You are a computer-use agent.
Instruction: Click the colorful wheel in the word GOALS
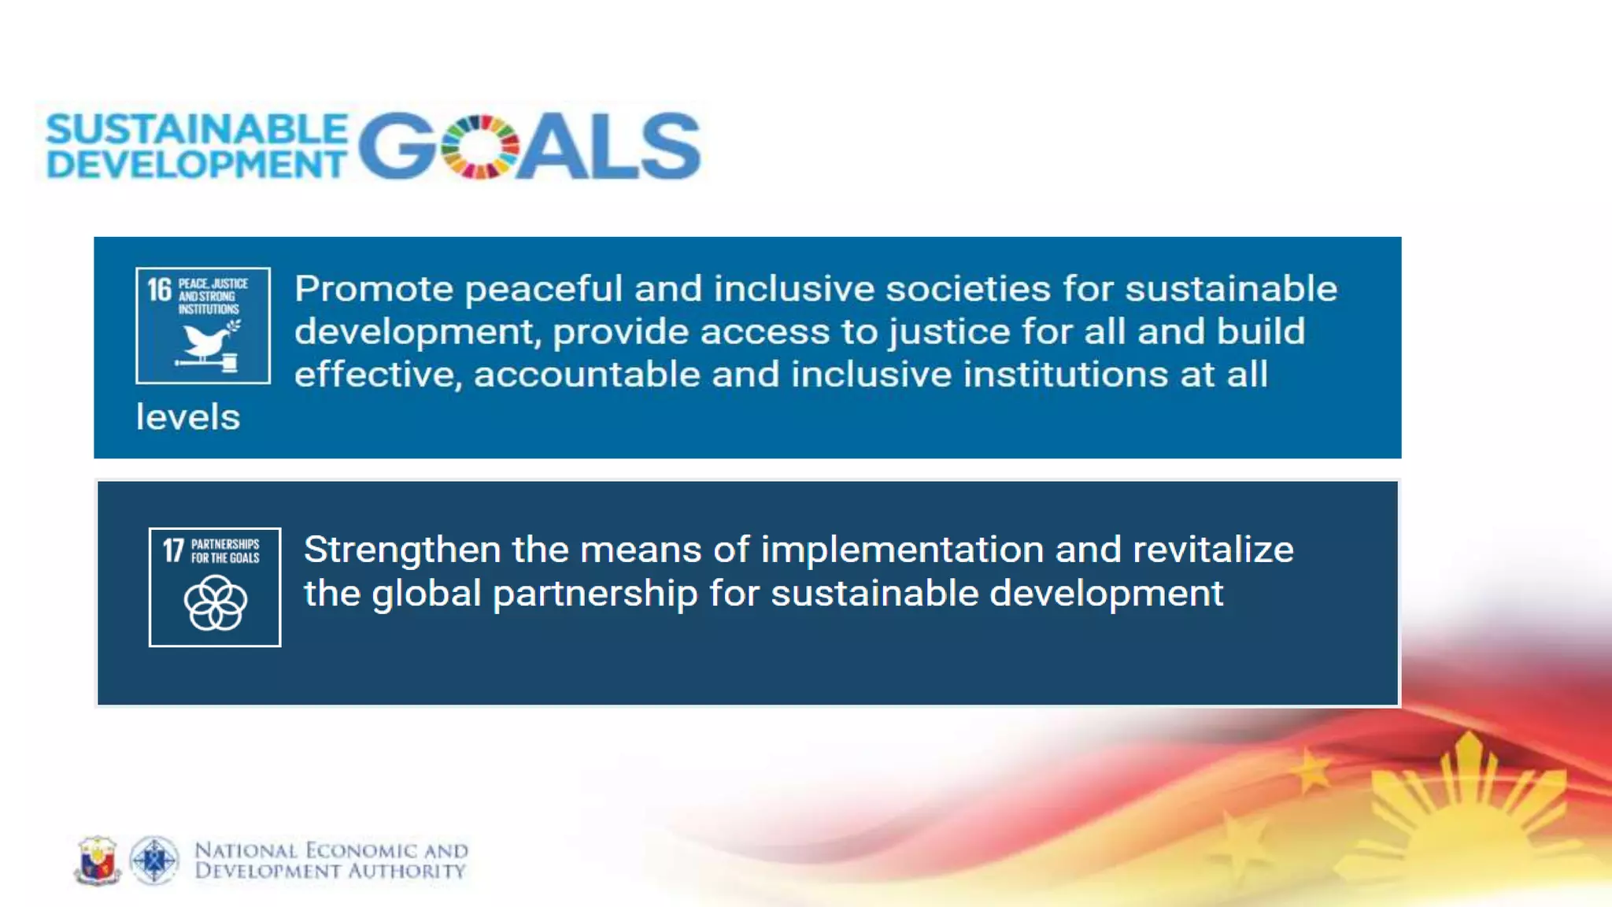479,147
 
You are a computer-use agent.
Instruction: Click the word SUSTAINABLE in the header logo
197,130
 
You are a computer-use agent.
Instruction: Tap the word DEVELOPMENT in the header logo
197,165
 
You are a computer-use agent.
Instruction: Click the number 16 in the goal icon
159,290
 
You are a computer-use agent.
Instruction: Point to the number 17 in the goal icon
173,550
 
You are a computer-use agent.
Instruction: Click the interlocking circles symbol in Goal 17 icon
215,603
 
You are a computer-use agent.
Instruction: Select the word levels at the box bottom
187,417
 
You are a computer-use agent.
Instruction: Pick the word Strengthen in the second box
401,550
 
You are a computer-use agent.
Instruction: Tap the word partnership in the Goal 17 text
594,594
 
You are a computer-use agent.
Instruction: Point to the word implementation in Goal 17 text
902,550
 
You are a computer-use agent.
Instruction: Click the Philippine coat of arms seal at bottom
98,860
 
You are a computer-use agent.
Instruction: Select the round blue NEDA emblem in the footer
154,860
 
